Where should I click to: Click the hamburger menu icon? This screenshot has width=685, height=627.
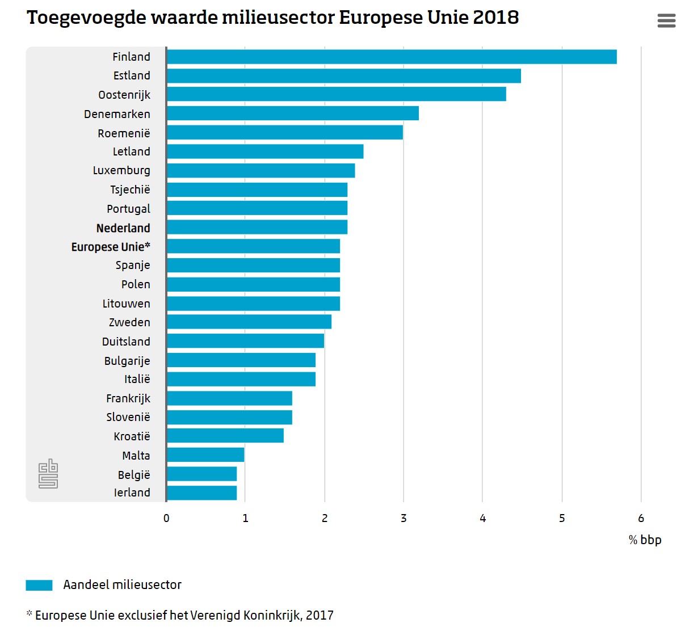coord(666,21)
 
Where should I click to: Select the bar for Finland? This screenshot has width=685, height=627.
coord(392,57)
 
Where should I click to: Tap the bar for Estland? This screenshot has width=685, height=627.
coord(344,76)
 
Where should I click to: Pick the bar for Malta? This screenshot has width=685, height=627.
coord(205,455)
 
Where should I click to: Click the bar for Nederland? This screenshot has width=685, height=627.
coord(257,228)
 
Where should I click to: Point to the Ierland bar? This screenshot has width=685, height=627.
coord(201,493)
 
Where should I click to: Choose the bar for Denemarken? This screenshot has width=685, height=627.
coord(293,113)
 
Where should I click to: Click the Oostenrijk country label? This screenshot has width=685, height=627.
coord(124,95)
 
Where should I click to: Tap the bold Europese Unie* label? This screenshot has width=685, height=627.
coord(111,247)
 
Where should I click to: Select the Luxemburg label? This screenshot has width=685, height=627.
coord(121,170)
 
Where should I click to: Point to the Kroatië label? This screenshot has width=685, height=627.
coord(132,436)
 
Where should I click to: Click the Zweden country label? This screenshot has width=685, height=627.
coord(129,322)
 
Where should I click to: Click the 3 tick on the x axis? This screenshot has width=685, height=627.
coord(404,518)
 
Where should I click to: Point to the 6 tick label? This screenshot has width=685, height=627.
coord(641,518)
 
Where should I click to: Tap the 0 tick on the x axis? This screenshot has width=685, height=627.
coord(166,518)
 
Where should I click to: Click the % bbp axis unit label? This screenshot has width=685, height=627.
coord(645,540)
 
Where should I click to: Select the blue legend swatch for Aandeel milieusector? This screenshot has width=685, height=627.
coord(39,585)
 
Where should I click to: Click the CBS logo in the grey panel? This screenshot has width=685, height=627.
coord(48,474)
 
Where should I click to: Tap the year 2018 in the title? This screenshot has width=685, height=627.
coord(495,18)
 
